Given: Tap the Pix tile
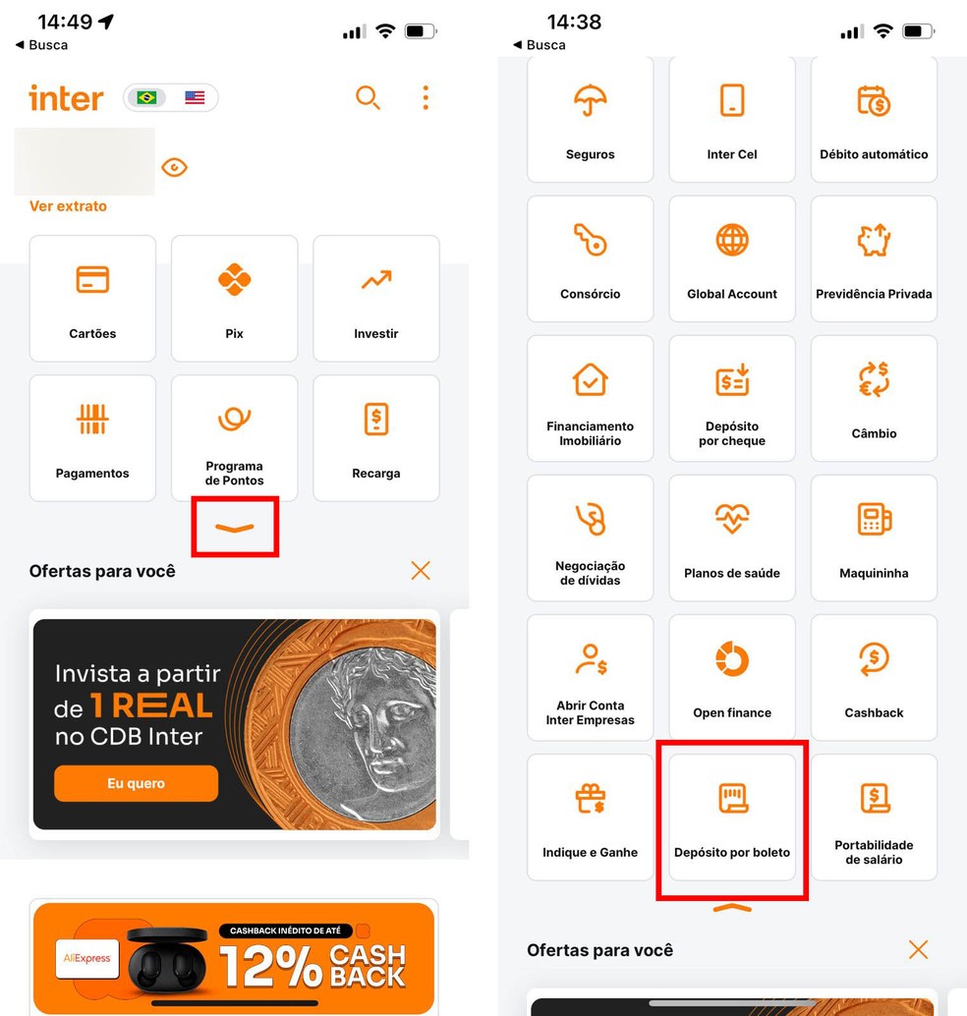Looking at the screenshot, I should coord(234,299).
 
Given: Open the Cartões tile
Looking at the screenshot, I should coord(92,299).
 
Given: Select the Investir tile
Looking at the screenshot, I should coord(375,299).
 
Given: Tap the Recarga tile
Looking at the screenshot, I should coord(375,438).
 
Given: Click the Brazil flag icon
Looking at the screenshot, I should coord(146,97).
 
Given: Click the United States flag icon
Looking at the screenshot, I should coord(195,97).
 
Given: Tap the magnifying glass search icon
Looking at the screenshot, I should coord(368,97).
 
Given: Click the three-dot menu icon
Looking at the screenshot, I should coord(426,97).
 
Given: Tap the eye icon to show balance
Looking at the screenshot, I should coord(174,167).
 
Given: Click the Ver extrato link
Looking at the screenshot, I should coord(68,206).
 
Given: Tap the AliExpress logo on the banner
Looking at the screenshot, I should coord(86,958).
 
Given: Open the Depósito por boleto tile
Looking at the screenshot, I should coord(732,818).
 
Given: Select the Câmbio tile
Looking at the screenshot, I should coord(874,398).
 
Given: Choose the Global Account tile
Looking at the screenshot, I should coord(732,258).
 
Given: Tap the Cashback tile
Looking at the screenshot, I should coord(874,677).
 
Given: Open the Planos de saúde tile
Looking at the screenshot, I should coord(732,537).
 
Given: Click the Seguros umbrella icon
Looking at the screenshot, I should coord(590,100).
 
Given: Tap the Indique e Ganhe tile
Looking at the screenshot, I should coord(590,818).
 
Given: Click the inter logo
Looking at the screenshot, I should coord(66,98).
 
